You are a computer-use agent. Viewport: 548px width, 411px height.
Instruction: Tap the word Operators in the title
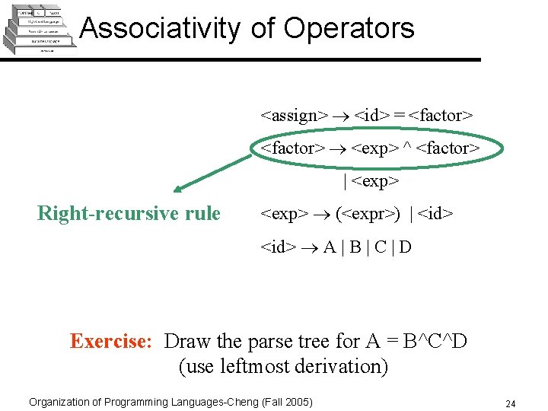pyautogui.click(x=349, y=28)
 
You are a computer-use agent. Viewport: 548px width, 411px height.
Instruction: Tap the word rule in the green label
pyautogui.click(x=202, y=214)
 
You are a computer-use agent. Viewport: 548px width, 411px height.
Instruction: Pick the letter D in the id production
pyautogui.click(x=405, y=247)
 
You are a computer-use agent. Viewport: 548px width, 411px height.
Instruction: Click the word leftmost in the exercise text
pyautogui.click(x=257, y=367)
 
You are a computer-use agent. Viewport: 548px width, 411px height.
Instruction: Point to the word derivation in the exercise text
pyautogui.click(x=343, y=367)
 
